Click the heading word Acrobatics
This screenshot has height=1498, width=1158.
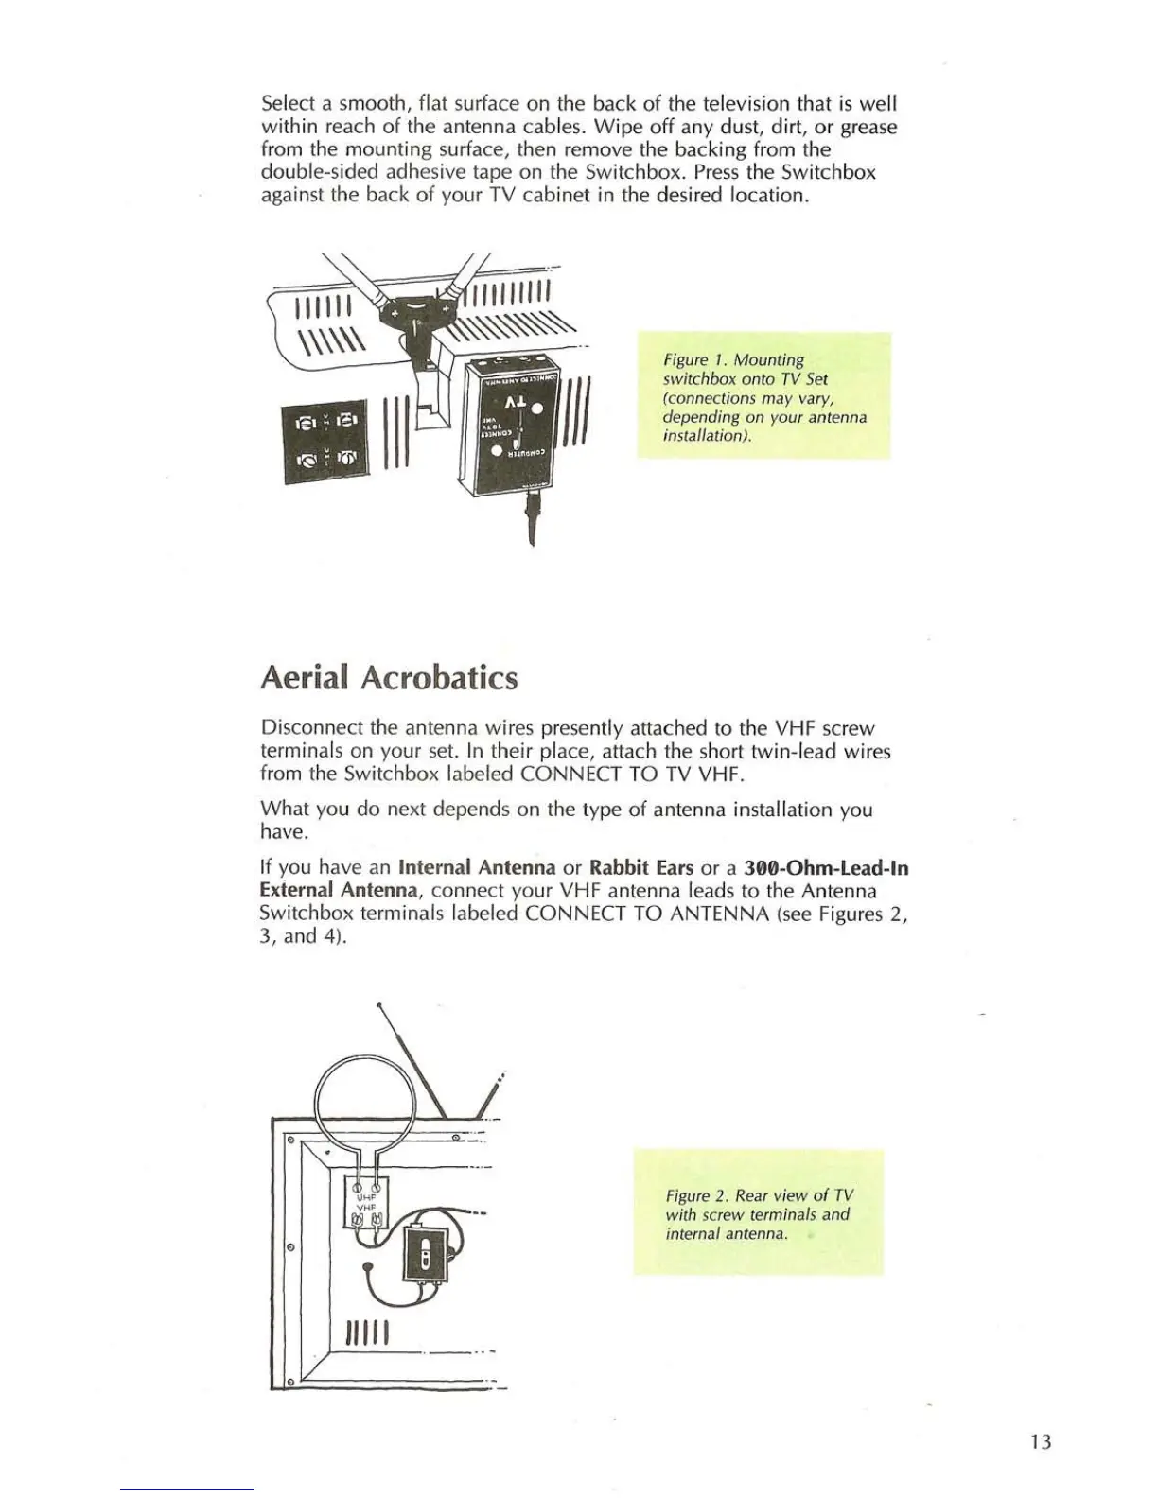pyautogui.click(x=439, y=678)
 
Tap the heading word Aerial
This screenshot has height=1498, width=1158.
pyautogui.click(x=306, y=678)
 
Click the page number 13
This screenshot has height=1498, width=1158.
pyautogui.click(x=1041, y=1442)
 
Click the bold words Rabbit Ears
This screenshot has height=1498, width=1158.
pyautogui.click(x=640, y=868)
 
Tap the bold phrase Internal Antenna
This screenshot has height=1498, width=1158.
pyautogui.click(x=477, y=868)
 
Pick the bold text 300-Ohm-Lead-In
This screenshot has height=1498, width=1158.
pyautogui.click(x=826, y=868)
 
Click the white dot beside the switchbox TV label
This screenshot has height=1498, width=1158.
pyautogui.click(x=536, y=409)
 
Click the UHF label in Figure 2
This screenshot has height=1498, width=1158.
pyautogui.click(x=366, y=1197)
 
